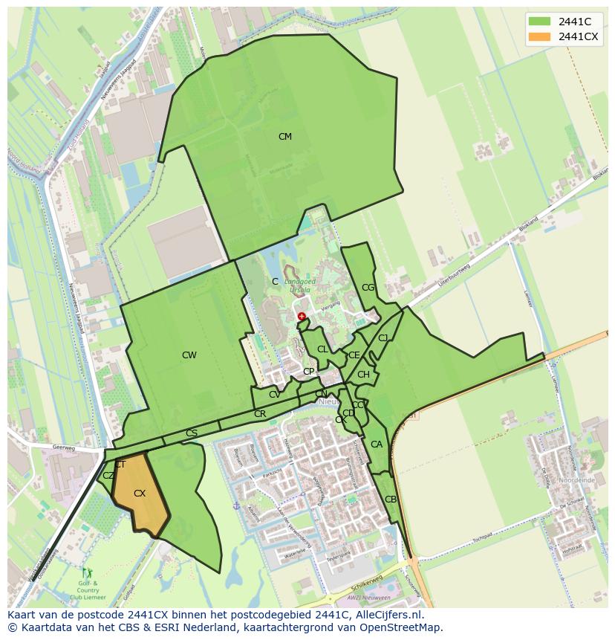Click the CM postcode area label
coord(284,137)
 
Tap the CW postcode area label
coord(189,355)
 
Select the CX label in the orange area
coord(140,494)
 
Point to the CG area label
coord(368,288)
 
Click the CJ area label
coord(383,338)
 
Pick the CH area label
coord(363,375)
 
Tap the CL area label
coord(322,349)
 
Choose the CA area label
coord(377,445)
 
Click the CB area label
coord(391,500)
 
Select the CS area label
coord(192,433)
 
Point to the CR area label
coord(260,414)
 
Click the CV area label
coord(275,395)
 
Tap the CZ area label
coord(108,476)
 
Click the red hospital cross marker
coord(302,317)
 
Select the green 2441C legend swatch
coord(539,22)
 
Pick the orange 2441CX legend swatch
coord(539,37)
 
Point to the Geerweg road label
coord(65,448)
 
